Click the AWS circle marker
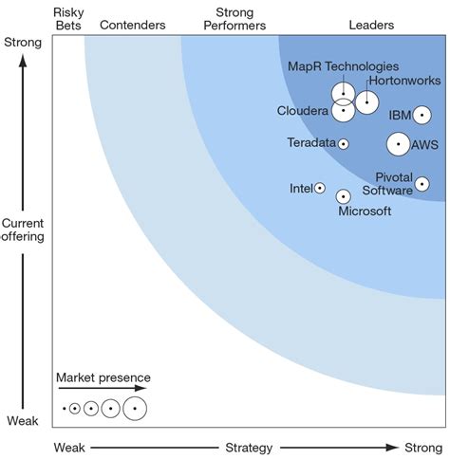pos(398,144)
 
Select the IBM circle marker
pos(422,115)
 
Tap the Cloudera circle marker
pos(343,111)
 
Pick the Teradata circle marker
pos(343,144)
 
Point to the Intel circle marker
pos(320,189)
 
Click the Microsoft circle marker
pos(343,196)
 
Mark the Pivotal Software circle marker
pos(422,184)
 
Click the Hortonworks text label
pos(403,82)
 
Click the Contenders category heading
pos(132,25)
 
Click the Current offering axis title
pos(22,229)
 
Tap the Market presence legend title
pos(103,377)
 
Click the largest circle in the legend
pos(135,409)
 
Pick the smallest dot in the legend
pos(64,409)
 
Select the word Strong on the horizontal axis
pos(422,447)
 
